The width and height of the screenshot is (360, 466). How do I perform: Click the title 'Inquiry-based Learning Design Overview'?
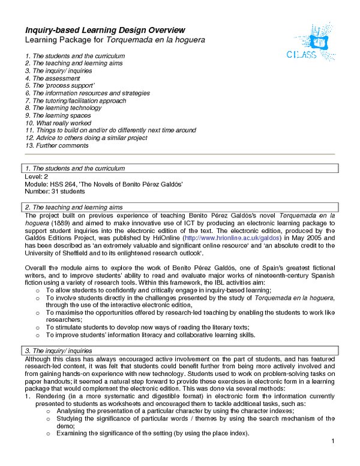pyautogui.click(x=104, y=30)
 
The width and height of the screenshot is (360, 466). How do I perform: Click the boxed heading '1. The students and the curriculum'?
pyautogui.click(x=74, y=168)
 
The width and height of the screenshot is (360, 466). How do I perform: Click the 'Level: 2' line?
pyautogui.click(x=35, y=177)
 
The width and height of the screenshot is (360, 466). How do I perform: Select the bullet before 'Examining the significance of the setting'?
pyautogui.click(x=49, y=434)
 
